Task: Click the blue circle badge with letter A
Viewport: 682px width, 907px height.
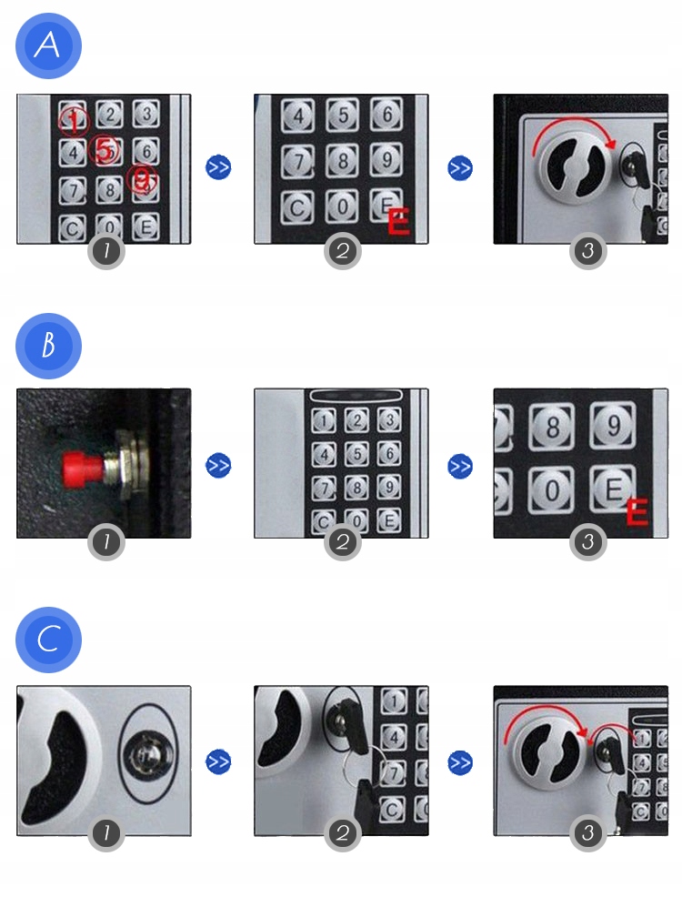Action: click(x=48, y=45)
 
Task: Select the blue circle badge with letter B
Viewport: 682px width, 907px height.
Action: click(x=48, y=346)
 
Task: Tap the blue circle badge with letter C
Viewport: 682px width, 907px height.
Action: click(x=48, y=640)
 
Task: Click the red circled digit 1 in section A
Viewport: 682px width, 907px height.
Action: click(x=74, y=120)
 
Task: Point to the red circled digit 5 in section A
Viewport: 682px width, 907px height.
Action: click(x=105, y=150)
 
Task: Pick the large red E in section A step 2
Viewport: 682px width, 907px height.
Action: click(x=398, y=222)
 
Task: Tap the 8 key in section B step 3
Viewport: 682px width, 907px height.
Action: click(x=552, y=427)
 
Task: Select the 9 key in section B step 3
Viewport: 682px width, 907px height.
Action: click(x=613, y=425)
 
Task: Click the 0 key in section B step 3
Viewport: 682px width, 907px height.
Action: click(x=551, y=491)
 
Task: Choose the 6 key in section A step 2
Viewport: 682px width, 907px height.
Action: click(x=386, y=114)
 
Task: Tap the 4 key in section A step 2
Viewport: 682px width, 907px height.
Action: click(x=298, y=116)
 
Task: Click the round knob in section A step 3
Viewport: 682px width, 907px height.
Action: click(x=573, y=167)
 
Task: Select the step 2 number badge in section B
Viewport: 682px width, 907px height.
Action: click(x=343, y=541)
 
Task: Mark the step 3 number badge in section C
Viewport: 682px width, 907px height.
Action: click(x=587, y=833)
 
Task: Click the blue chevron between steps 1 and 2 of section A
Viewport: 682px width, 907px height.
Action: click(x=218, y=167)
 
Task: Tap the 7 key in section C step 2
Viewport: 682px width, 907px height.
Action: click(x=394, y=772)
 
